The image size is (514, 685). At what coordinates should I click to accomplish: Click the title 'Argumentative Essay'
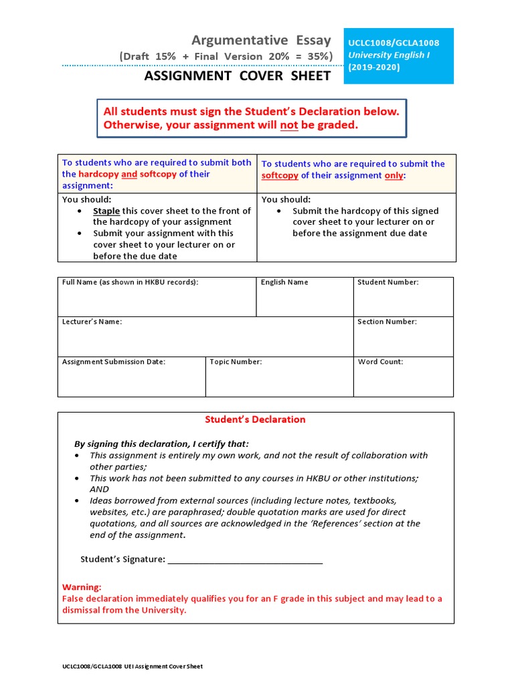pyautogui.click(x=261, y=40)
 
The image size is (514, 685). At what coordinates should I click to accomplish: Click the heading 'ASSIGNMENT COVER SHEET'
pyautogui.click(x=238, y=76)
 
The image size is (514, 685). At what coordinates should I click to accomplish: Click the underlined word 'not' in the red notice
pyautogui.click(x=289, y=125)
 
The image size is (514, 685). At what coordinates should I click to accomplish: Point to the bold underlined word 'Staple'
pyautogui.click(x=106, y=211)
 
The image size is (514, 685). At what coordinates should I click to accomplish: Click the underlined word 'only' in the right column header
pyautogui.click(x=394, y=175)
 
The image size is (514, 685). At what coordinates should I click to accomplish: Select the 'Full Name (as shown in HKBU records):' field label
pyautogui.click(x=131, y=282)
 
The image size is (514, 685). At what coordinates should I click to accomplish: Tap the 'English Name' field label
pyautogui.click(x=284, y=282)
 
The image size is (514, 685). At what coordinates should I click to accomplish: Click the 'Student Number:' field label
pyautogui.click(x=388, y=282)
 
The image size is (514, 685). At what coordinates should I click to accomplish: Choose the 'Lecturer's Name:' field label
pyautogui.click(x=92, y=322)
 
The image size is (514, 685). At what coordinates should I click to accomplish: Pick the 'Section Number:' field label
pyautogui.click(x=387, y=322)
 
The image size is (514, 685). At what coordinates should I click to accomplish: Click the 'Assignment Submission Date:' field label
pyautogui.click(x=114, y=362)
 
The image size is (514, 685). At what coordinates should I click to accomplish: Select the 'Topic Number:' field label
pyautogui.click(x=236, y=362)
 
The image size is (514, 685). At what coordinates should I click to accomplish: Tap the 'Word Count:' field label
pyautogui.click(x=380, y=362)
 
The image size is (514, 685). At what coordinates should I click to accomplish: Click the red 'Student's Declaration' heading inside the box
pyautogui.click(x=255, y=419)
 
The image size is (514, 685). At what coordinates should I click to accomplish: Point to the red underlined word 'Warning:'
pyautogui.click(x=82, y=587)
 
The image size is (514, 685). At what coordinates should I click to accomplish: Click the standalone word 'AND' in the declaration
pyautogui.click(x=99, y=489)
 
